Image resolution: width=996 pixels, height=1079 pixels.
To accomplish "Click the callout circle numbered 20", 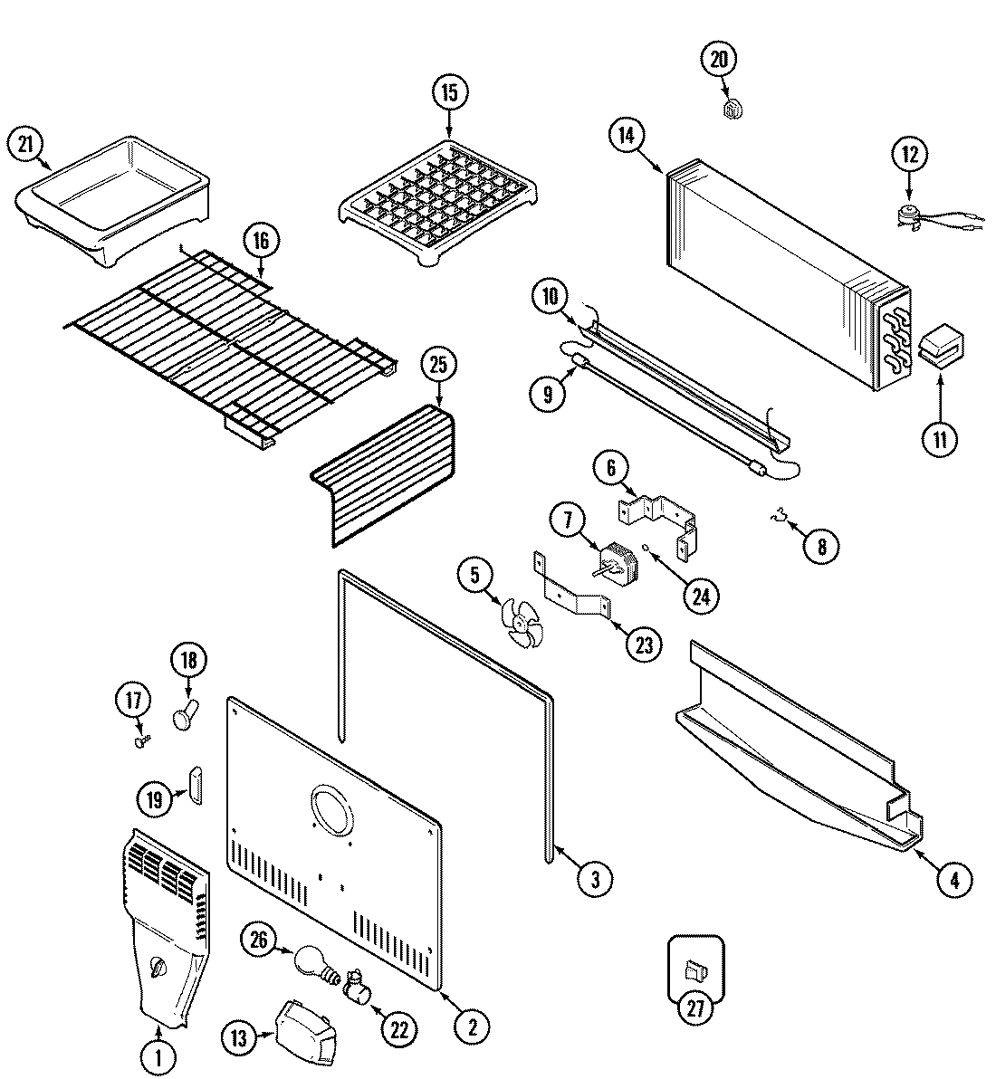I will tap(718, 60).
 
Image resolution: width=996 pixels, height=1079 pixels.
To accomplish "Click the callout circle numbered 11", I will tap(939, 440).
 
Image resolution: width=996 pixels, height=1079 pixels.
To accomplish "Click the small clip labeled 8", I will tap(774, 517).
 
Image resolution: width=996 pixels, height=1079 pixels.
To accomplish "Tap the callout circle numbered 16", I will tap(262, 241).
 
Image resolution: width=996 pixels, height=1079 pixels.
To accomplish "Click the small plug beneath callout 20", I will tap(733, 110).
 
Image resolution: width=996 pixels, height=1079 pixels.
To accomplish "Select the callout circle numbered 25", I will tap(439, 367).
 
